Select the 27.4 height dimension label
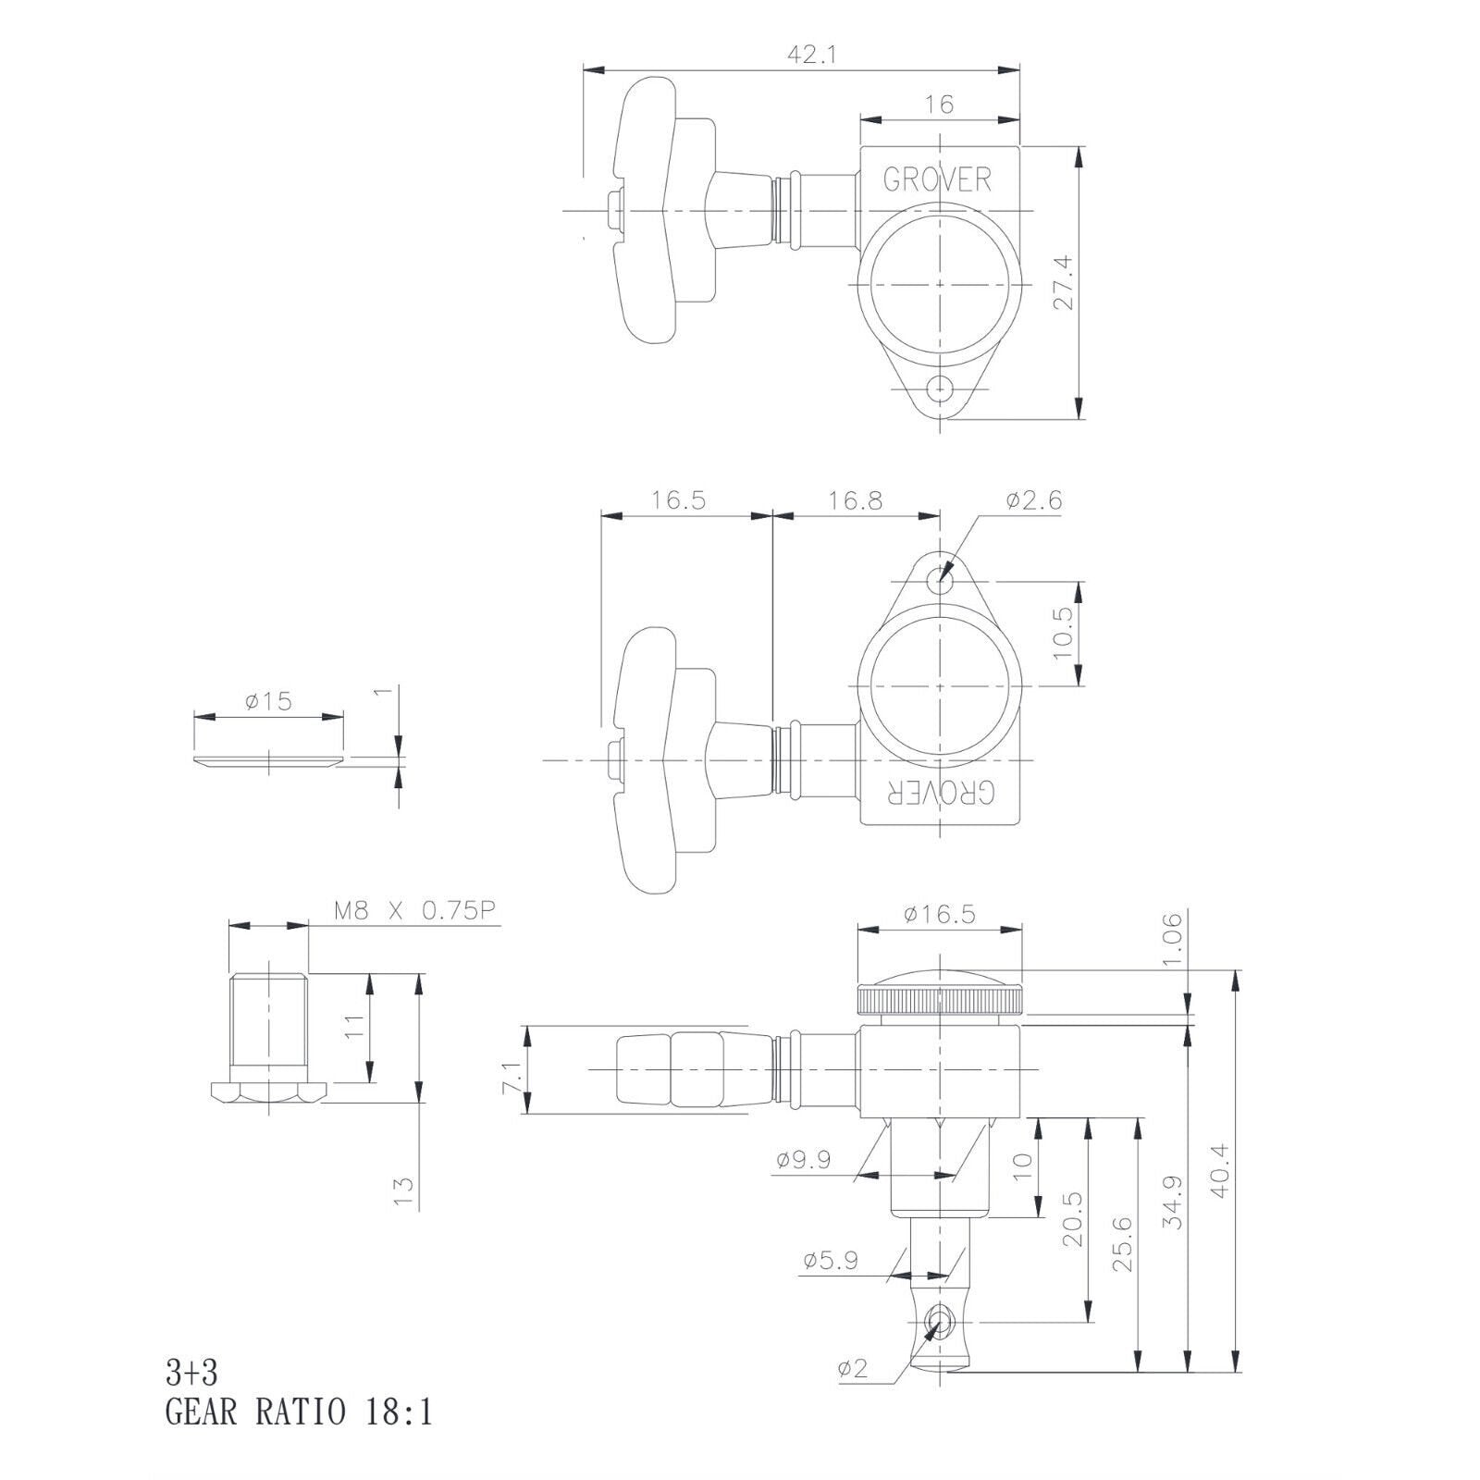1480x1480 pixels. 1064,283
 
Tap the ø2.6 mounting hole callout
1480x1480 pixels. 1034,500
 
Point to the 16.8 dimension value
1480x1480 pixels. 856,500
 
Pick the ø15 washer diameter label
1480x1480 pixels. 268,701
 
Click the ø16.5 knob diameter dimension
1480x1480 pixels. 940,914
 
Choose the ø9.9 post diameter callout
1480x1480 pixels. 804,1159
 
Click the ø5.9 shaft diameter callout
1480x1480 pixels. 831,1260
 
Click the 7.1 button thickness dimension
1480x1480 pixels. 512,1077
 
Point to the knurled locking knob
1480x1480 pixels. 940,1000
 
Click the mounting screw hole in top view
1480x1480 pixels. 941,386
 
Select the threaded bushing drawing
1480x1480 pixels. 268,1038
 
